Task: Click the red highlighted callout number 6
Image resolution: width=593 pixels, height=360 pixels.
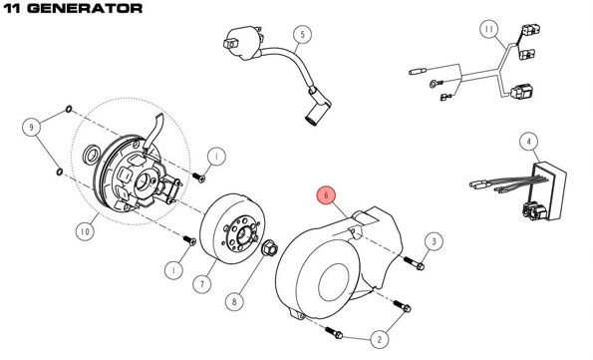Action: pyautogui.click(x=326, y=195)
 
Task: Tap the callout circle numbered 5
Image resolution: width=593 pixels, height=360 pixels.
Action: pyautogui.click(x=302, y=35)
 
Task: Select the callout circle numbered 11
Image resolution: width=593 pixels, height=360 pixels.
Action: pyautogui.click(x=489, y=29)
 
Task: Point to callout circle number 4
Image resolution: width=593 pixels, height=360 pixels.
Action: pyautogui.click(x=528, y=142)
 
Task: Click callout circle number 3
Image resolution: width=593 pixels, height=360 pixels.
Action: pyautogui.click(x=434, y=241)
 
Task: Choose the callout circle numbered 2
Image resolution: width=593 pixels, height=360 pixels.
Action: pyautogui.click(x=380, y=339)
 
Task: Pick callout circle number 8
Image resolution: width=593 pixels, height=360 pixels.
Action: pyautogui.click(x=234, y=302)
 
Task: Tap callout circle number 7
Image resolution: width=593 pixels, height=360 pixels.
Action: pyautogui.click(x=202, y=284)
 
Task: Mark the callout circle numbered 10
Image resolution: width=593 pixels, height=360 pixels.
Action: pyautogui.click(x=85, y=231)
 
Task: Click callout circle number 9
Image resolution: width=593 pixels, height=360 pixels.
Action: pyautogui.click(x=31, y=127)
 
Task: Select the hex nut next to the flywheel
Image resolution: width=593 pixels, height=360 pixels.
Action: pyautogui.click(x=270, y=248)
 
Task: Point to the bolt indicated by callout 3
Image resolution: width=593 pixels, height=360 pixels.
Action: pyautogui.click(x=414, y=263)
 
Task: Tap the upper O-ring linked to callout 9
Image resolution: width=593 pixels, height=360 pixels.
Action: pyautogui.click(x=69, y=110)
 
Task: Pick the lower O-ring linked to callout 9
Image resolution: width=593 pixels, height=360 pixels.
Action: pyautogui.click(x=60, y=172)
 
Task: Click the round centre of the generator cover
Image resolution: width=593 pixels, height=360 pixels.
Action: pyautogui.click(x=333, y=282)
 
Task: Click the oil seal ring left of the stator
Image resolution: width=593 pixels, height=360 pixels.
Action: pyautogui.click(x=91, y=155)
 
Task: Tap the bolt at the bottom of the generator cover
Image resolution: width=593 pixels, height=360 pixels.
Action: pyautogui.click(x=334, y=333)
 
